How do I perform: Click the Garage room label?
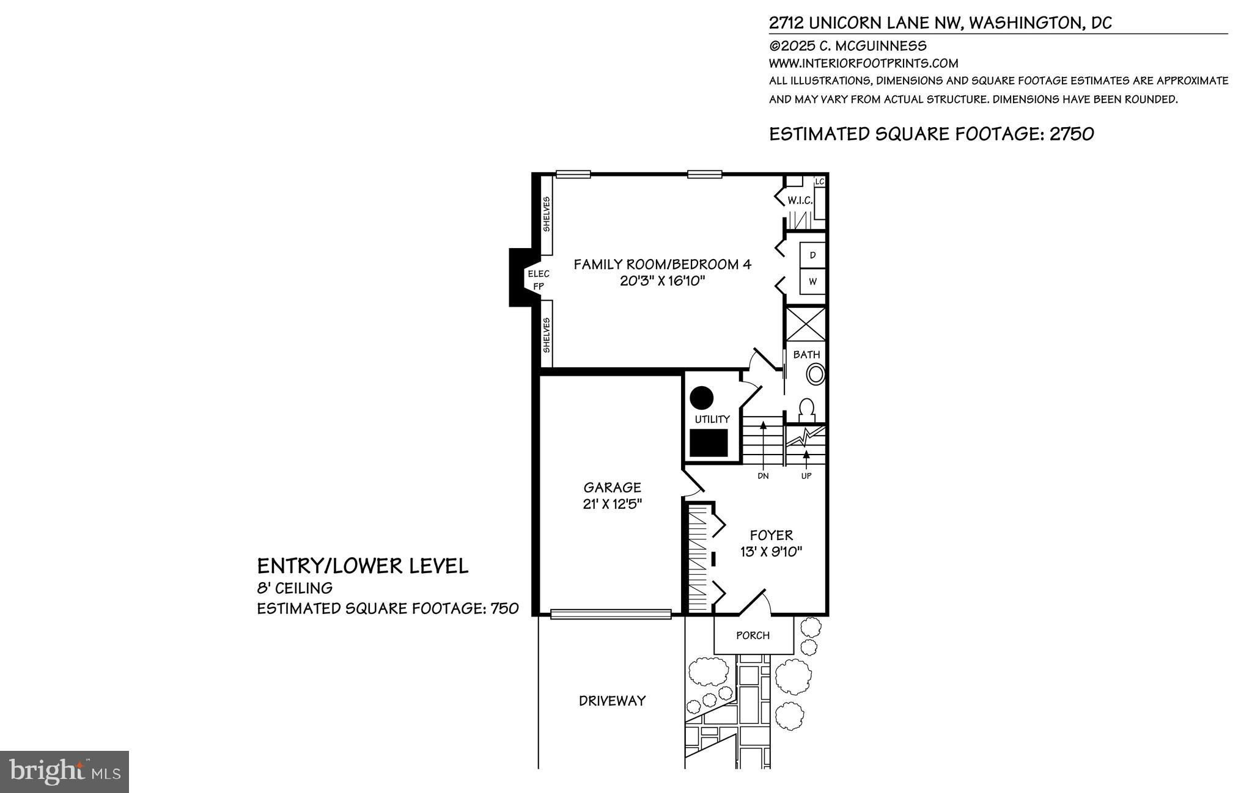click(x=612, y=488)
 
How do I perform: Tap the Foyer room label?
click(x=771, y=535)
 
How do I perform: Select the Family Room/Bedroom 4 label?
click(x=662, y=265)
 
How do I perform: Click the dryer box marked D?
click(x=812, y=255)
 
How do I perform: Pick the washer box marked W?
click(x=812, y=282)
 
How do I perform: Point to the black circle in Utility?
click(x=702, y=398)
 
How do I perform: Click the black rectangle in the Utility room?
click(x=709, y=443)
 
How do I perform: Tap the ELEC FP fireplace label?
click(x=539, y=280)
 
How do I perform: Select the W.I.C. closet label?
click(x=800, y=200)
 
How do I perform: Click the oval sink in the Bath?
click(x=815, y=374)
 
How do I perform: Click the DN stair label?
click(x=763, y=476)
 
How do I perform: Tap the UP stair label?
click(x=806, y=476)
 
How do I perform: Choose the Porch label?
click(x=753, y=635)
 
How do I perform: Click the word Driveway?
click(x=612, y=701)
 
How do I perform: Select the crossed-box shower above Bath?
click(x=805, y=324)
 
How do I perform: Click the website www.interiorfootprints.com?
click(x=863, y=63)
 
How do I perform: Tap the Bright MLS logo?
click(x=65, y=772)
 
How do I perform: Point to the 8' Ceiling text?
click(x=295, y=588)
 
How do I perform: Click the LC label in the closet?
click(x=820, y=182)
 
